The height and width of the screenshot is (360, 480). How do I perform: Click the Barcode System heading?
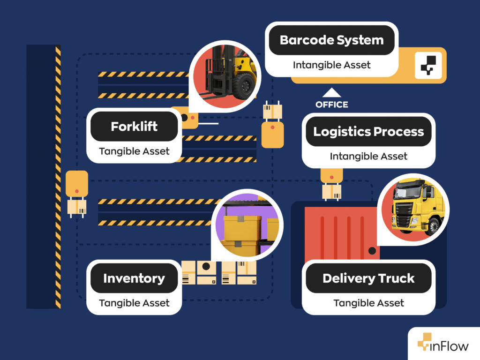pyautogui.click(x=331, y=40)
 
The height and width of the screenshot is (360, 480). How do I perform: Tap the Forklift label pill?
pyautogui.click(x=134, y=127)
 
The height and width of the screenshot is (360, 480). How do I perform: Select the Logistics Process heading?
pyautogui.click(x=368, y=132)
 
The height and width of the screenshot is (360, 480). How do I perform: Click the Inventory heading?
pyautogui.click(x=134, y=278)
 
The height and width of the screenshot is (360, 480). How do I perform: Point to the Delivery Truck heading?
pyautogui.click(x=368, y=278)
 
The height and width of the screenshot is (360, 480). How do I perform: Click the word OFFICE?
pyautogui.click(x=332, y=105)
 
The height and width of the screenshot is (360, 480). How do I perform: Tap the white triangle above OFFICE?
pyautogui.click(x=332, y=93)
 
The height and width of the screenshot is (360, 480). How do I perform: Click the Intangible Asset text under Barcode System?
pyautogui.click(x=331, y=65)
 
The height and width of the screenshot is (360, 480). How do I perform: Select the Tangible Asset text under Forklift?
pyautogui.click(x=134, y=151)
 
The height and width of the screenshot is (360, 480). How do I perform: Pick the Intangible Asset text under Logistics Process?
pyautogui.click(x=368, y=156)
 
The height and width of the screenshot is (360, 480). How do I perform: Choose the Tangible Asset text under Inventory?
pyautogui.click(x=134, y=303)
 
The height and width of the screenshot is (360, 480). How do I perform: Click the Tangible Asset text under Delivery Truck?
pyautogui.click(x=368, y=303)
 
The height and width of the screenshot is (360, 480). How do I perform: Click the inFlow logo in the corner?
pyautogui.click(x=443, y=346)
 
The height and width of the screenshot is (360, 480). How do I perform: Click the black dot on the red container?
pyautogui.click(x=372, y=251)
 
